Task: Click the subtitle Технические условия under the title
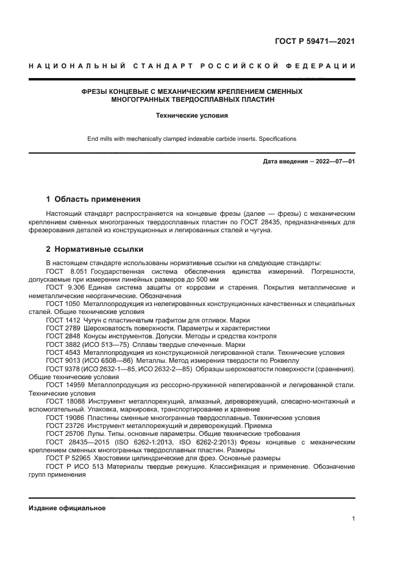click(192, 115)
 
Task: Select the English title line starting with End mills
click(192, 139)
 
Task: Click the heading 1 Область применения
click(93, 199)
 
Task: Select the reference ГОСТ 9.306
click(63, 287)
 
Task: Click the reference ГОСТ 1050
click(63, 304)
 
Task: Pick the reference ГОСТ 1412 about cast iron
click(63, 320)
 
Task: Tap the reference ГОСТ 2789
click(63, 328)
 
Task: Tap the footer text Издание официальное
click(67, 508)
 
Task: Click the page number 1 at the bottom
click(353, 519)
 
